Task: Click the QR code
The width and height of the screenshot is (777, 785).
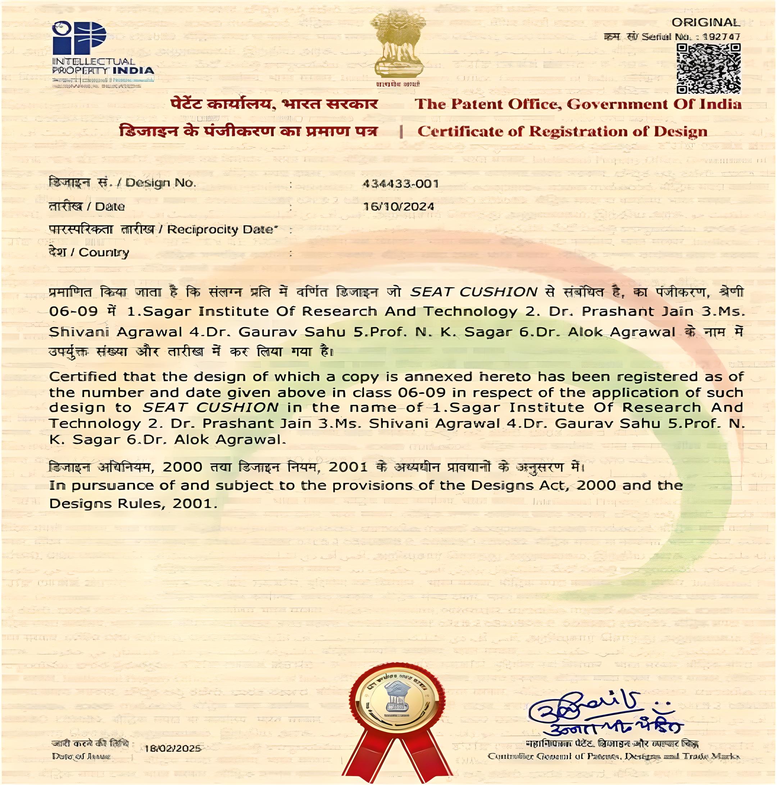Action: tap(708, 68)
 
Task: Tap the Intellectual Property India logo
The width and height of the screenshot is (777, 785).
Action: tap(102, 53)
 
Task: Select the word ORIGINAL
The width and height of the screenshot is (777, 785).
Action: tap(705, 23)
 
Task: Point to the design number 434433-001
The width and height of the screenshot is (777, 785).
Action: tap(400, 184)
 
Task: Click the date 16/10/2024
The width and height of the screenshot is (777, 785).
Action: tap(399, 206)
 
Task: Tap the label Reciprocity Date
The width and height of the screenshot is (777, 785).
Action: tap(222, 230)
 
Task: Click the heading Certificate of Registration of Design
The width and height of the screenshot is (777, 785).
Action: tap(562, 132)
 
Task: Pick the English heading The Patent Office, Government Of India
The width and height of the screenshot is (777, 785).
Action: tap(578, 104)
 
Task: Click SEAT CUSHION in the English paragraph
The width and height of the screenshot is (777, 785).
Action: tap(210, 407)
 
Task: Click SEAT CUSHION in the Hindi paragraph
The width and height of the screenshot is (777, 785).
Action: tap(474, 292)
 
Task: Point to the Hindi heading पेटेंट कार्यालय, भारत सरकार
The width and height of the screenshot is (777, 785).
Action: tap(274, 104)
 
